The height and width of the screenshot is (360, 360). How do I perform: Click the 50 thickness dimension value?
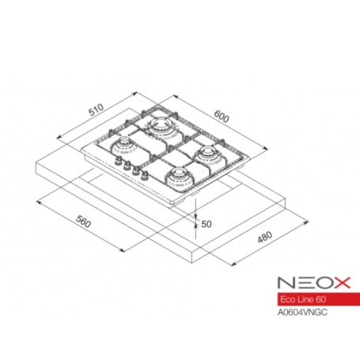pyautogui.click(x=207, y=224)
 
